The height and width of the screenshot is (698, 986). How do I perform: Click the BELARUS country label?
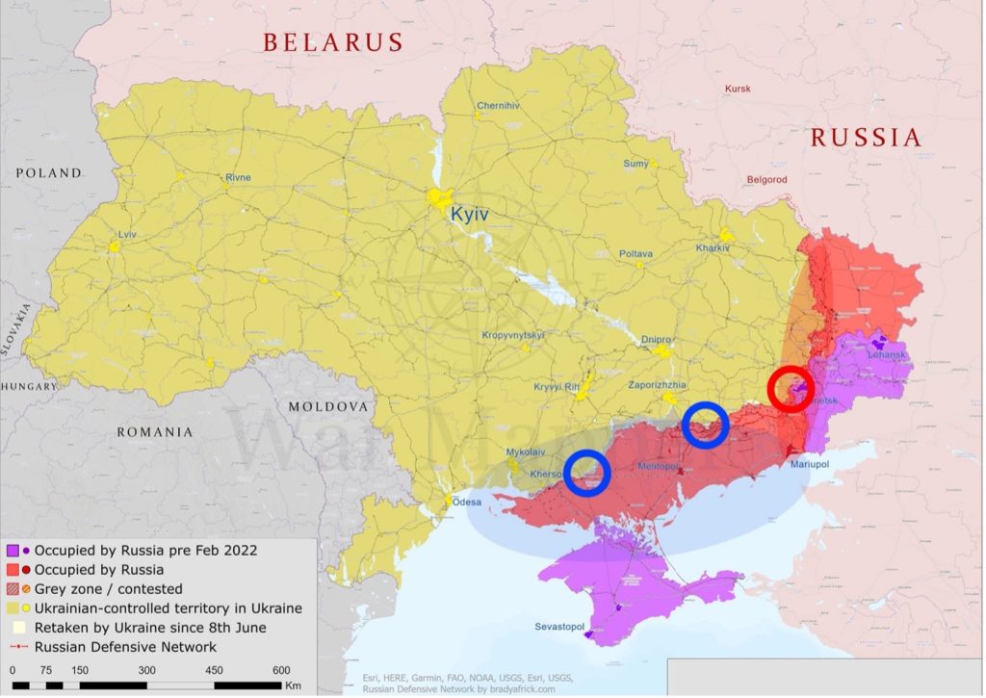pos(333,42)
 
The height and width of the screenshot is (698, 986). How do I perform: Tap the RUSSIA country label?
pos(866,138)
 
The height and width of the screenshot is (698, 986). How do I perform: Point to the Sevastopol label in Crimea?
pos(560,627)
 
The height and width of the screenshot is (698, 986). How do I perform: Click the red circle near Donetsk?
pos(791,390)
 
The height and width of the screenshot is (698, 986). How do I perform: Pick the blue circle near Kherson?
pos(587,473)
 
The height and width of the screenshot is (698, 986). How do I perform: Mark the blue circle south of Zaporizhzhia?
pos(705,426)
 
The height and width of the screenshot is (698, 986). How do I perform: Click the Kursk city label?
pos(738,90)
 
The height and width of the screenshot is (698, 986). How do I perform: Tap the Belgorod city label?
pos(766,180)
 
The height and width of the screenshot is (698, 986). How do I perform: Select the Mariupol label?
pos(809,464)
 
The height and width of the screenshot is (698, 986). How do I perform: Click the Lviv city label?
pos(127,235)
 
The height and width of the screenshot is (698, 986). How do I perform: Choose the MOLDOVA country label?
pos(328,407)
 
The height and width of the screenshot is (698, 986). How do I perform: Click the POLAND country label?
pos(48,173)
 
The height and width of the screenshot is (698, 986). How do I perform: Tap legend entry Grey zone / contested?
pos(107,588)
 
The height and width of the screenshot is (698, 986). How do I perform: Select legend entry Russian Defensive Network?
pos(124,647)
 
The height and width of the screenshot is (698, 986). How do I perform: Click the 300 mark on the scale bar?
pos(147,670)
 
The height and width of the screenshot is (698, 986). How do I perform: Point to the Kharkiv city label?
pos(713,248)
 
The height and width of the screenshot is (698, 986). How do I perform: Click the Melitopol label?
pos(659,467)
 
